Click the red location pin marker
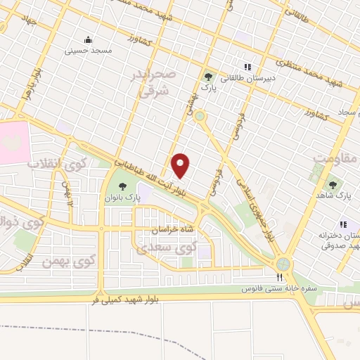click(x=181, y=165)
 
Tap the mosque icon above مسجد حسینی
click(x=88, y=39)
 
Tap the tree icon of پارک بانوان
click(x=124, y=187)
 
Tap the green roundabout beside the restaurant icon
click(x=283, y=263)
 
